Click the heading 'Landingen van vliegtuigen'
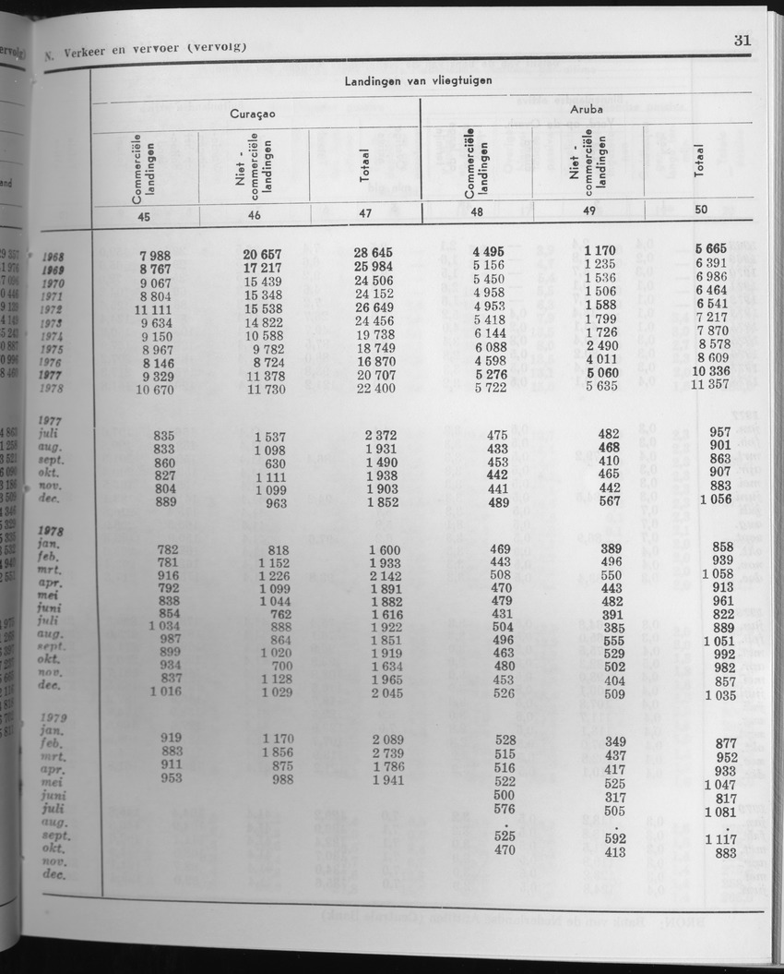418,80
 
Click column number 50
701,210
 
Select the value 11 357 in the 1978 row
714,387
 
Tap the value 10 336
714,373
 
